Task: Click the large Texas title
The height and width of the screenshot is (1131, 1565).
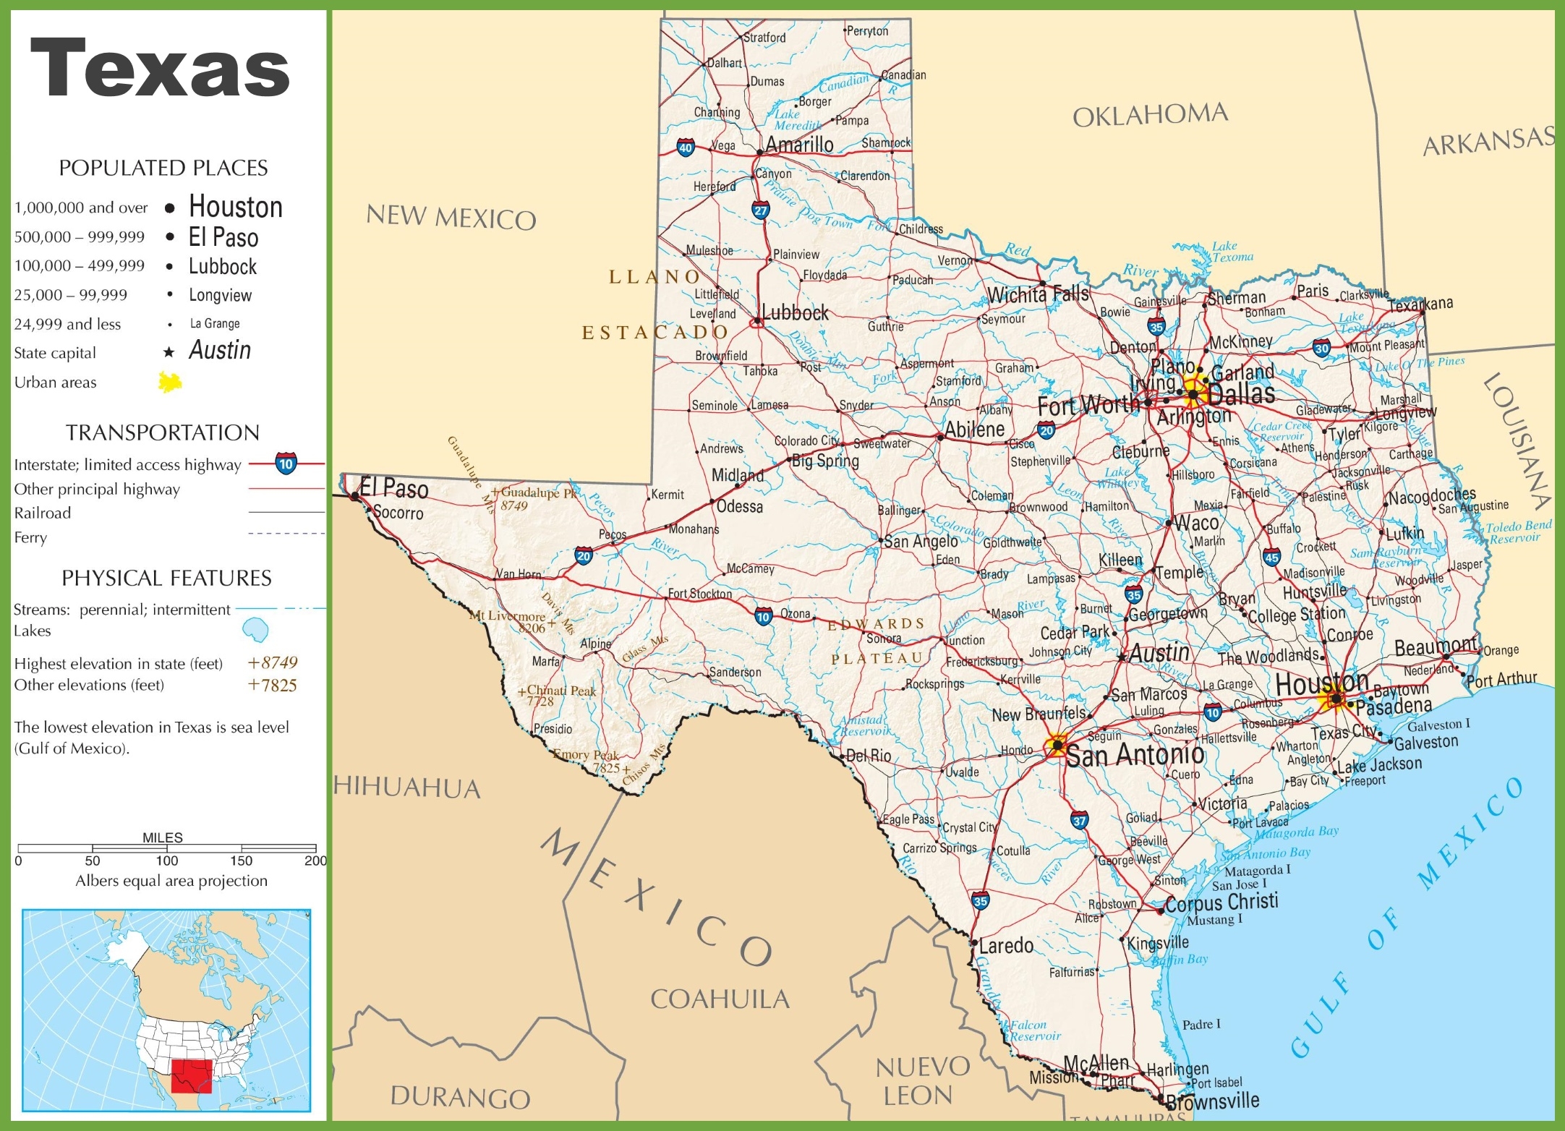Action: coord(160,69)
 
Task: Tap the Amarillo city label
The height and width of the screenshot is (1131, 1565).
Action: coord(799,145)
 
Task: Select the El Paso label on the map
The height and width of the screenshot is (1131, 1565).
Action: coord(394,489)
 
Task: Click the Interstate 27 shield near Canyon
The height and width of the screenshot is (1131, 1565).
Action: coord(760,210)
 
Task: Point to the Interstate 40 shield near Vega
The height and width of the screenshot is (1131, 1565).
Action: coord(685,148)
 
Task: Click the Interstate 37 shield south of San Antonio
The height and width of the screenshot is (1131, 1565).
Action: coord(1079,820)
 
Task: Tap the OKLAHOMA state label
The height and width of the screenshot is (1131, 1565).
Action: coord(1150,115)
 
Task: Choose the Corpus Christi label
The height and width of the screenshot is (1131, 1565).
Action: coord(1221,902)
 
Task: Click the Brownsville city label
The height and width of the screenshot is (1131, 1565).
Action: coord(1213,1101)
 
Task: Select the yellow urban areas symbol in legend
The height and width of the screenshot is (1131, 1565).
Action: coord(170,382)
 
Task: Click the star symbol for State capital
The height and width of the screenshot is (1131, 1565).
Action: coord(169,352)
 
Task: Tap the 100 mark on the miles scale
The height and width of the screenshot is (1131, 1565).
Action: coord(166,861)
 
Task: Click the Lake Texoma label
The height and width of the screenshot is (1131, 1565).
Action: coord(1232,252)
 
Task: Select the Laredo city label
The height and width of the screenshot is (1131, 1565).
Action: coord(1006,945)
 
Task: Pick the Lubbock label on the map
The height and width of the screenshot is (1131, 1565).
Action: coord(795,313)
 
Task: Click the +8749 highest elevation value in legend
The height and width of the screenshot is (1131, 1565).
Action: coord(272,662)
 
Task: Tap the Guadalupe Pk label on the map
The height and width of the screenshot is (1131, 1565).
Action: coord(539,492)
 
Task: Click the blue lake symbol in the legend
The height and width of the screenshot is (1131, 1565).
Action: coord(255,630)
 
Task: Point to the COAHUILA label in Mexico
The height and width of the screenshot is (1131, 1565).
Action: coord(720,999)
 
